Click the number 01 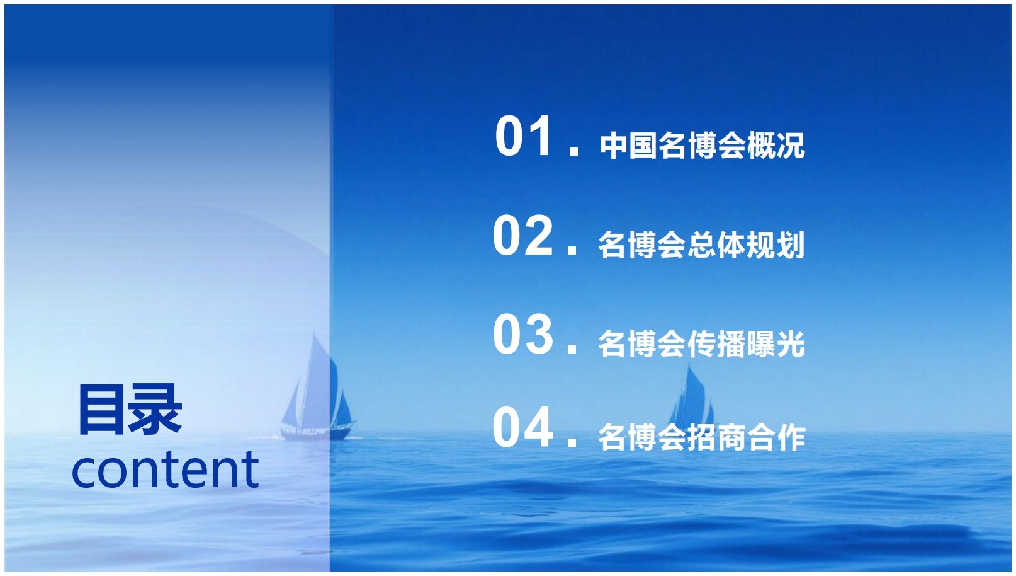coord(523,135)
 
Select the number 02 coord(523,236)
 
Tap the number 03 coord(523,335)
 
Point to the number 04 coord(523,427)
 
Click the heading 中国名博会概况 coord(703,146)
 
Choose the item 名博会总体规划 coord(702,245)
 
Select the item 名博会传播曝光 coord(702,344)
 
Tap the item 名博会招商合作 coord(702,438)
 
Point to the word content coord(166,468)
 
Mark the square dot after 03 coord(572,349)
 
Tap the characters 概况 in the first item coord(776,146)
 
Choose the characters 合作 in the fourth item coord(776,438)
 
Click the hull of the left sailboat coord(317,432)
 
